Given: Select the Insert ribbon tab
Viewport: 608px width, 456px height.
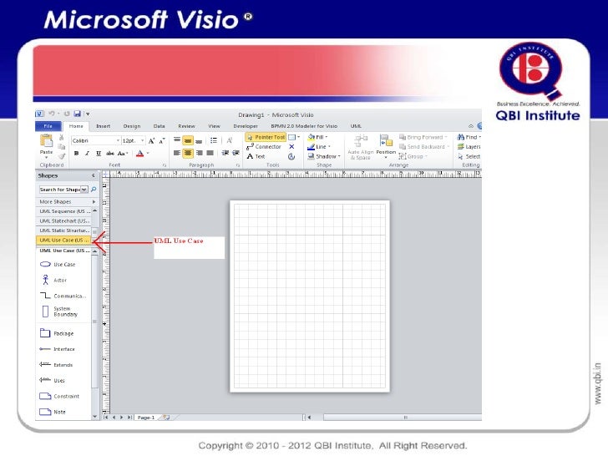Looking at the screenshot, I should coord(103,125).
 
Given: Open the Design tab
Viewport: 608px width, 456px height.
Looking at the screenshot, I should coord(131,125).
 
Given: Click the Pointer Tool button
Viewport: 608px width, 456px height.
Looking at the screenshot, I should coord(266,136).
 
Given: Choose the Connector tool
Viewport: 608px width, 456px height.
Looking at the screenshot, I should coord(265,146).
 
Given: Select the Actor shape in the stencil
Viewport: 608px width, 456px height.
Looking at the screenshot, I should coord(60,280).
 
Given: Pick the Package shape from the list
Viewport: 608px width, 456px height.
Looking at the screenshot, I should coord(63,333).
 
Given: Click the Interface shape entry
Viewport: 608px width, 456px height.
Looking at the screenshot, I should coord(63,349).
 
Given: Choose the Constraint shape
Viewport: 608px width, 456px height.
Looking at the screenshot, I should coord(66,396).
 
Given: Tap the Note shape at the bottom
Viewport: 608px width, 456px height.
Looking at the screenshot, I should coord(59,412).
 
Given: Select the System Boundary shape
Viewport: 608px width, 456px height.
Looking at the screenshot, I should coord(66,312).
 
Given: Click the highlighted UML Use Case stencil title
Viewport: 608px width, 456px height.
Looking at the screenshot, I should coord(64,240).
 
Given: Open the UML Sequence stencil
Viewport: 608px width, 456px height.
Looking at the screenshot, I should coord(64,211).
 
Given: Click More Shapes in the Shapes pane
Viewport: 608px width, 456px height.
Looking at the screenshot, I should coord(56,201).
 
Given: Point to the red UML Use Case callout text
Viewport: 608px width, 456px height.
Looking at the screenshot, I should coord(179,241).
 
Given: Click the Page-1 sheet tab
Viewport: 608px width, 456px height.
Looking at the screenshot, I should coord(145,416).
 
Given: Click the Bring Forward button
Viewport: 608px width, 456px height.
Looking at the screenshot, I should coord(424,136).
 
